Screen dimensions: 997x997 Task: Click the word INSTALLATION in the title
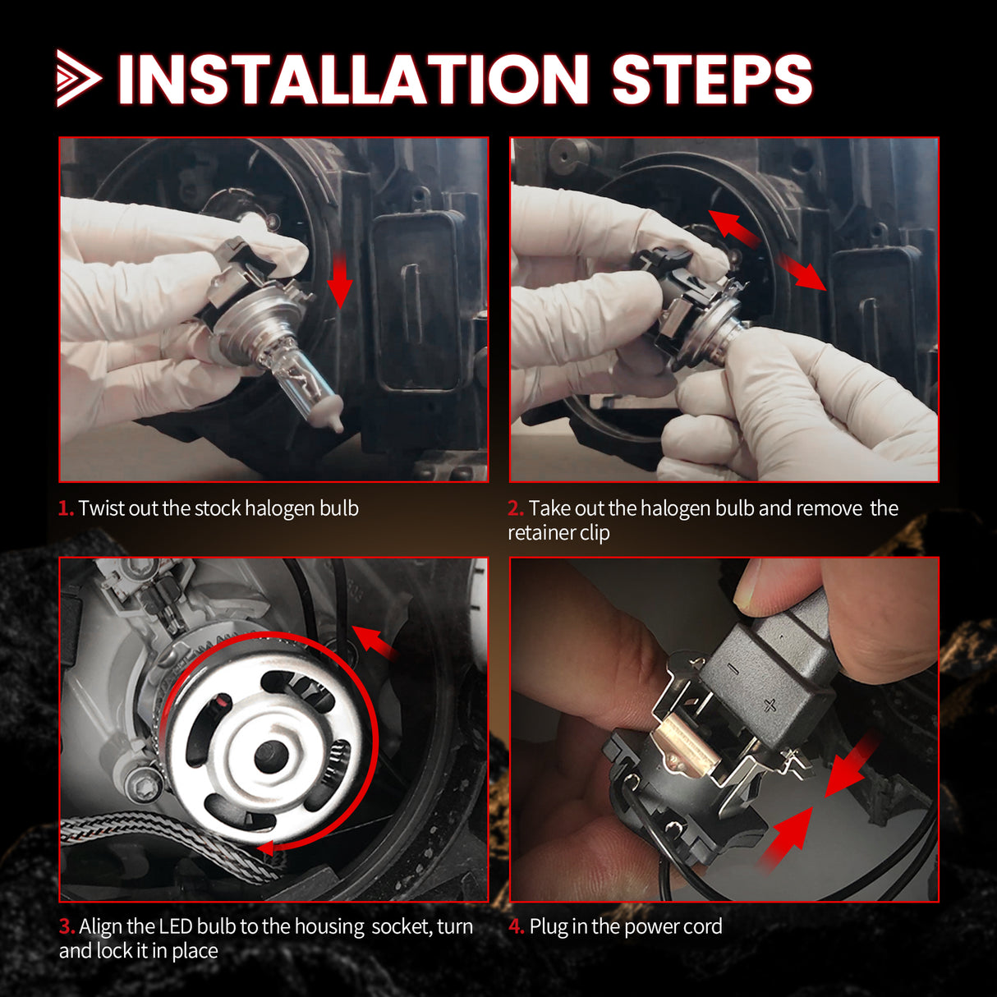353,80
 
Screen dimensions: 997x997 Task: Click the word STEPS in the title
711,80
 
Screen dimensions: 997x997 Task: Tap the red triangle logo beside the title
77,79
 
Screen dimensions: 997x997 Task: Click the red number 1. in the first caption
66,508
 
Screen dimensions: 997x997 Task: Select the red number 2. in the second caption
516,508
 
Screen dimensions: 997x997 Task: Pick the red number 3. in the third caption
67,926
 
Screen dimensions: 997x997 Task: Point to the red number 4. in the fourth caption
517,926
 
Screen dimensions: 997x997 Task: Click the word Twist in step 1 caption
101,508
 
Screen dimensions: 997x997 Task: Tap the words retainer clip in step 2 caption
558,533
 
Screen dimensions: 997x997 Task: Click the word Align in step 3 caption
102,926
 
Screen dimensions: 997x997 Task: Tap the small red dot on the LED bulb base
220,703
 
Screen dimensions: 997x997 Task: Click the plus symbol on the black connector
770,704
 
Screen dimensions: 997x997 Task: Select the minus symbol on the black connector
733,669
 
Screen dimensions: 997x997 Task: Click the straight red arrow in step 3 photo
375,643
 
